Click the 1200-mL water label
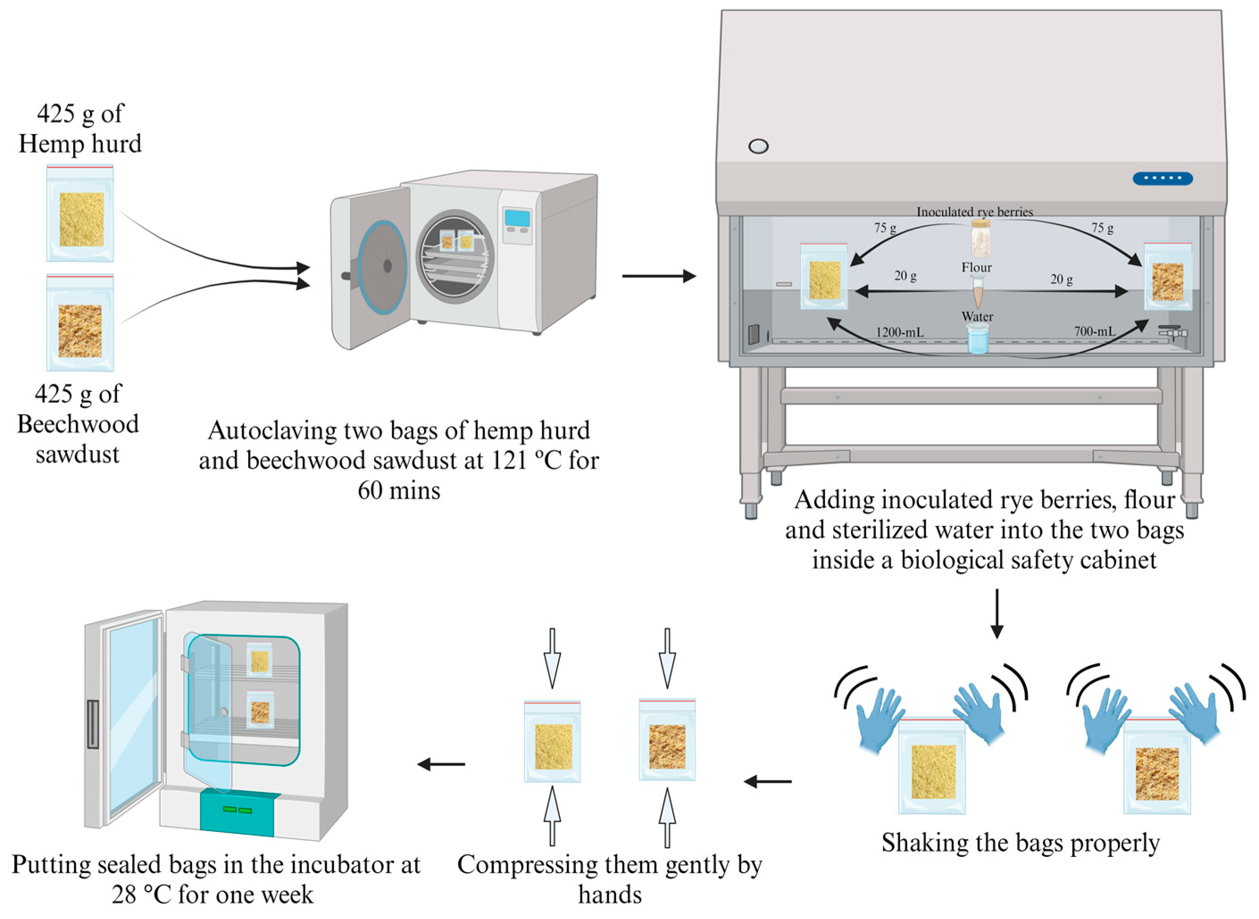click(900, 332)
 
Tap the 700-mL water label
click(1094, 331)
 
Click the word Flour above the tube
click(976, 268)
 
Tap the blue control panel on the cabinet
click(1162, 178)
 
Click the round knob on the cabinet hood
click(759, 146)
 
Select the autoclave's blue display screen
click(517, 218)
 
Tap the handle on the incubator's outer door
click(93, 724)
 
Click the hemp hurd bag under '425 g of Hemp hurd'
click(81, 214)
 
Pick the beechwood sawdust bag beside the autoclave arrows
click(81, 323)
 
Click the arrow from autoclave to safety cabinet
click(659, 276)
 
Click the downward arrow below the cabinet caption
click(997, 614)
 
